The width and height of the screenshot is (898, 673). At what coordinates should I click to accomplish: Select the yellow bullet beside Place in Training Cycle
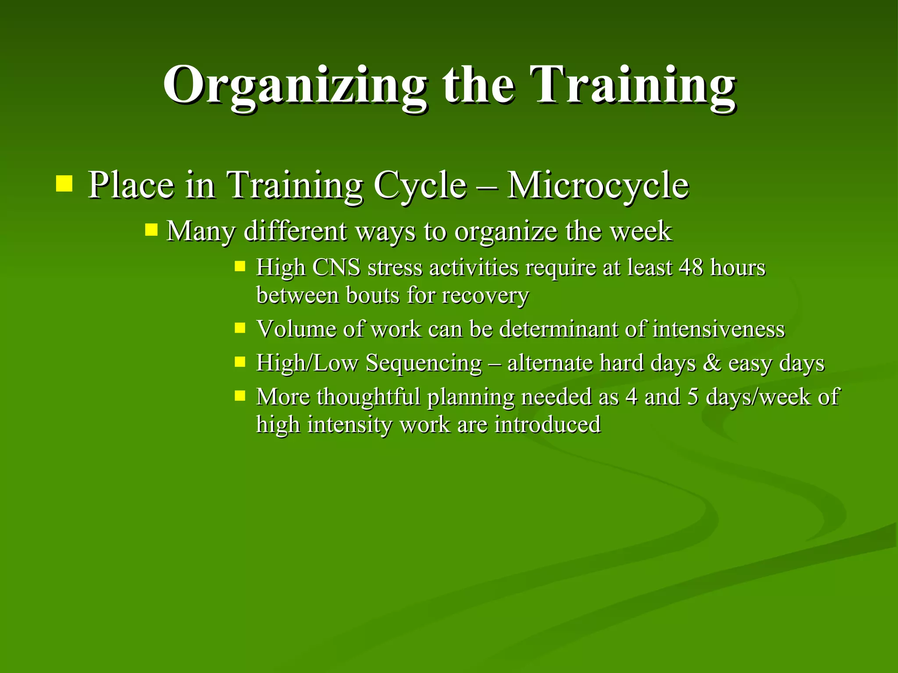click(x=64, y=184)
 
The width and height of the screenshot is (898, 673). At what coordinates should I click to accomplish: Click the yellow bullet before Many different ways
click(x=151, y=230)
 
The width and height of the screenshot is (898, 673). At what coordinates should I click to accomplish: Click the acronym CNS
click(x=336, y=267)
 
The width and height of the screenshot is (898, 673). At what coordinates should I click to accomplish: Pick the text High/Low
click(x=307, y=363)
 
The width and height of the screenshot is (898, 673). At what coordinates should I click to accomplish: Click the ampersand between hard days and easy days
click(x=712, y=363)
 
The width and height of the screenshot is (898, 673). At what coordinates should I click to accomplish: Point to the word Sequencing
click(x=424, y=364)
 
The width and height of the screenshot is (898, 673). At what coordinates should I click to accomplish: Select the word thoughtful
click(x=368, y=397)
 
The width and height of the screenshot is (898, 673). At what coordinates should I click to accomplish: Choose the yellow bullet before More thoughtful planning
click(x=240, y=396)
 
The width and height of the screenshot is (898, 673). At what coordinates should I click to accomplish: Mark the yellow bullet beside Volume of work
click(x=240, y=328)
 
